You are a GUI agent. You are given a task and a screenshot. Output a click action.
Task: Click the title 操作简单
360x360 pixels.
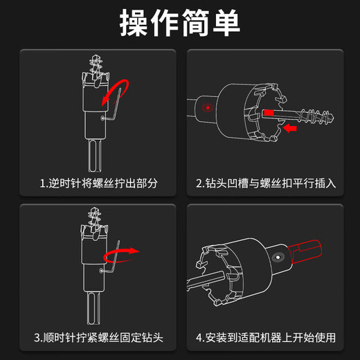(x=180, y=23)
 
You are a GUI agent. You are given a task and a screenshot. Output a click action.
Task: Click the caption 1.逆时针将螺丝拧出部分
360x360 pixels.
(x=99, y=183)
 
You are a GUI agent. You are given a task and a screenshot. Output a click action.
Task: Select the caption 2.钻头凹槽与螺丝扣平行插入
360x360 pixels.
(x=266, y=183)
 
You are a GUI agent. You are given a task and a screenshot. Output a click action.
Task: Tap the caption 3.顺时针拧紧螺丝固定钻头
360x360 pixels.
(x=99, y=338)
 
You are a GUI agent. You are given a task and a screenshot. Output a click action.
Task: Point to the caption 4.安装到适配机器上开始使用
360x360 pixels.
(x=266, y=338)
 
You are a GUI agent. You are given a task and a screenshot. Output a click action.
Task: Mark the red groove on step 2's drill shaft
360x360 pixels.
(x=269, y=112)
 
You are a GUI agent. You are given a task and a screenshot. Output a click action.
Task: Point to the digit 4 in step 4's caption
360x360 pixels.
(x=199, y=338)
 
